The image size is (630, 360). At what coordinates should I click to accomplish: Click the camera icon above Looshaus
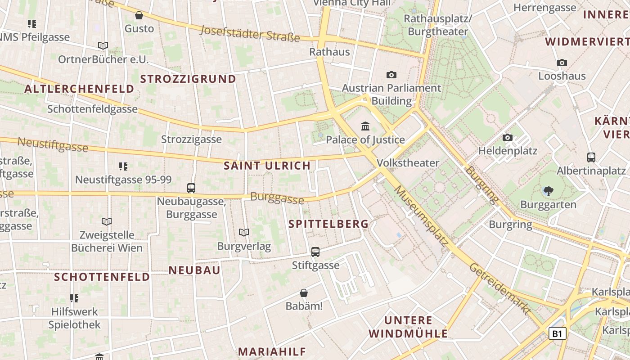point(562,63)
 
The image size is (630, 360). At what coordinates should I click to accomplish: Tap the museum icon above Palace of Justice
point(365,126)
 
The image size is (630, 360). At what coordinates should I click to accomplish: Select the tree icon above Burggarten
point(548,191)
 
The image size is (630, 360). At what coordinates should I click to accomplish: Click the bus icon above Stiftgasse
point(315,252)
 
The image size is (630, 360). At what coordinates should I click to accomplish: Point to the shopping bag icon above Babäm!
point(304,293)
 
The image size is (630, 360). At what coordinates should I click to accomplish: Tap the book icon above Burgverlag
point(244,233)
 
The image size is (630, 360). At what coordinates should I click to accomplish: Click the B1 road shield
point(557,333)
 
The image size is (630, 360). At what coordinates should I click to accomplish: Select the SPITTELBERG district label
point(328,224)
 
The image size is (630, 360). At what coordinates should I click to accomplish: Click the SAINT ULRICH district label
point(267,166)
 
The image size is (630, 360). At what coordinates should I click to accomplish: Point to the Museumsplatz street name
point(421,216)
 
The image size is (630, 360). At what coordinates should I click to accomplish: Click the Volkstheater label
point(408,162)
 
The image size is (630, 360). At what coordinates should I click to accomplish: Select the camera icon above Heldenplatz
point(508,137)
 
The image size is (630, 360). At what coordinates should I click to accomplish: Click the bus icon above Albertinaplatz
point(591,157)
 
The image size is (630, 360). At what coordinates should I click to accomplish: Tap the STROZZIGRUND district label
point(188,79)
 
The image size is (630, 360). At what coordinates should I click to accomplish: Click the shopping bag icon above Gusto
point(139,16)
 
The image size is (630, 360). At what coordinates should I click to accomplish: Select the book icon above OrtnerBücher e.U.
point(103,46)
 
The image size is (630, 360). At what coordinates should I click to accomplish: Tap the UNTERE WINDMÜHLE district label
point(408,327)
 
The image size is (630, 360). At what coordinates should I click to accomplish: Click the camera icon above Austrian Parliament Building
point(391,75)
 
